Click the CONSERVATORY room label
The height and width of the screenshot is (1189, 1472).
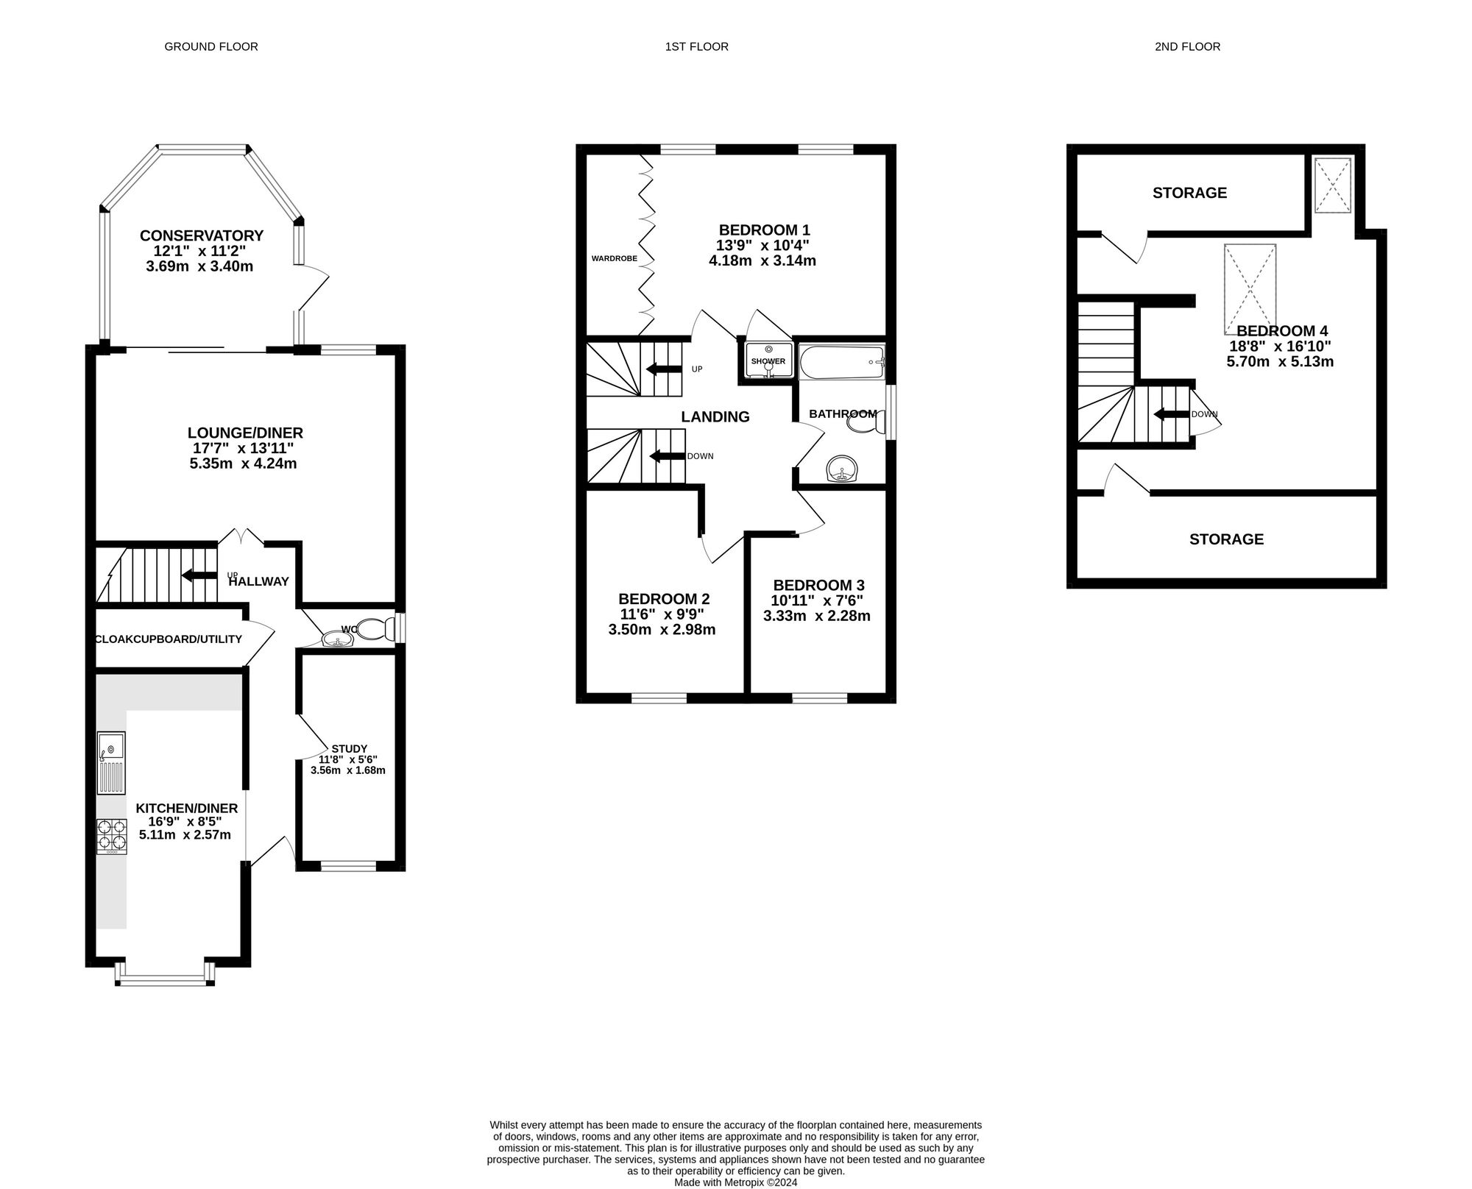click(202, 235)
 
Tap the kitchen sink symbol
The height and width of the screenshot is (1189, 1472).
click(111, 763)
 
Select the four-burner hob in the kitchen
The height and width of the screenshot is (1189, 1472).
click(111, 837)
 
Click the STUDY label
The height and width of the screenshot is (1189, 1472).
click(349, 748)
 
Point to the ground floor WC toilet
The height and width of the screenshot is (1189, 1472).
click(375, 629)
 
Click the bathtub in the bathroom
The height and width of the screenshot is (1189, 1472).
click(841, 362)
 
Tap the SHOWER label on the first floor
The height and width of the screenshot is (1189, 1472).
click(768, 361)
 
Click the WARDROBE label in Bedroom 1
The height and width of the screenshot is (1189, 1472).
click(615, 259)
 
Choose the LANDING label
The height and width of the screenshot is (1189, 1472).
click(715, 417)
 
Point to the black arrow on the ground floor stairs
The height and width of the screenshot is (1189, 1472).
click(199, 575)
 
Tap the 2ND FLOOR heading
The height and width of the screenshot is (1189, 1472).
click(1187, 47)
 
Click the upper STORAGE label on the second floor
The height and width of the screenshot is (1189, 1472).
click(1189, 193)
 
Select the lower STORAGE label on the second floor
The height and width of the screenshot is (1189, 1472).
click(1226, 539)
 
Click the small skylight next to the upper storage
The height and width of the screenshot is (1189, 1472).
click(1332, 185)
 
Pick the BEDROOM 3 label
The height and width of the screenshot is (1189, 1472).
click(818, 586)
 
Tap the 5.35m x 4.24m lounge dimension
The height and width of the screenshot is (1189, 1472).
click(243, 464)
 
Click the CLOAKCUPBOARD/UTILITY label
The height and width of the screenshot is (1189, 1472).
click(169, 639)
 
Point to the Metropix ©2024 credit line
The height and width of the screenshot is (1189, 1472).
click(735, 1182)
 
